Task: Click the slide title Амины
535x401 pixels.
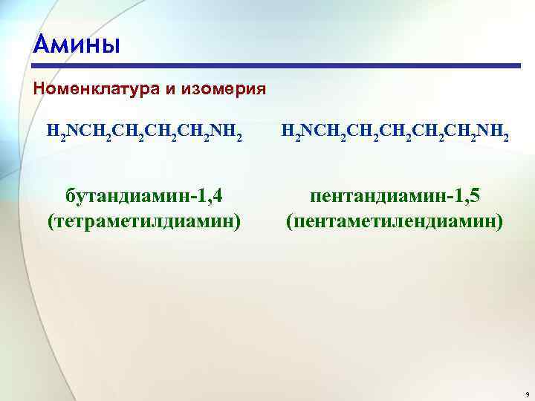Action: pyautogui.click(x=76, y=44)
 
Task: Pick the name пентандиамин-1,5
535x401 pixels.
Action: pyautogui.click(x=395, y=196)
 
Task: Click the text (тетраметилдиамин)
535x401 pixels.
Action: pyautogui.click(x=144, y=221)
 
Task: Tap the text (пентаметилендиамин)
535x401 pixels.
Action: pyautogui.click(x=395, y=221)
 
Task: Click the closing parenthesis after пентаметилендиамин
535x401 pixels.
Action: pyautogui.click(x=500, y=221)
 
